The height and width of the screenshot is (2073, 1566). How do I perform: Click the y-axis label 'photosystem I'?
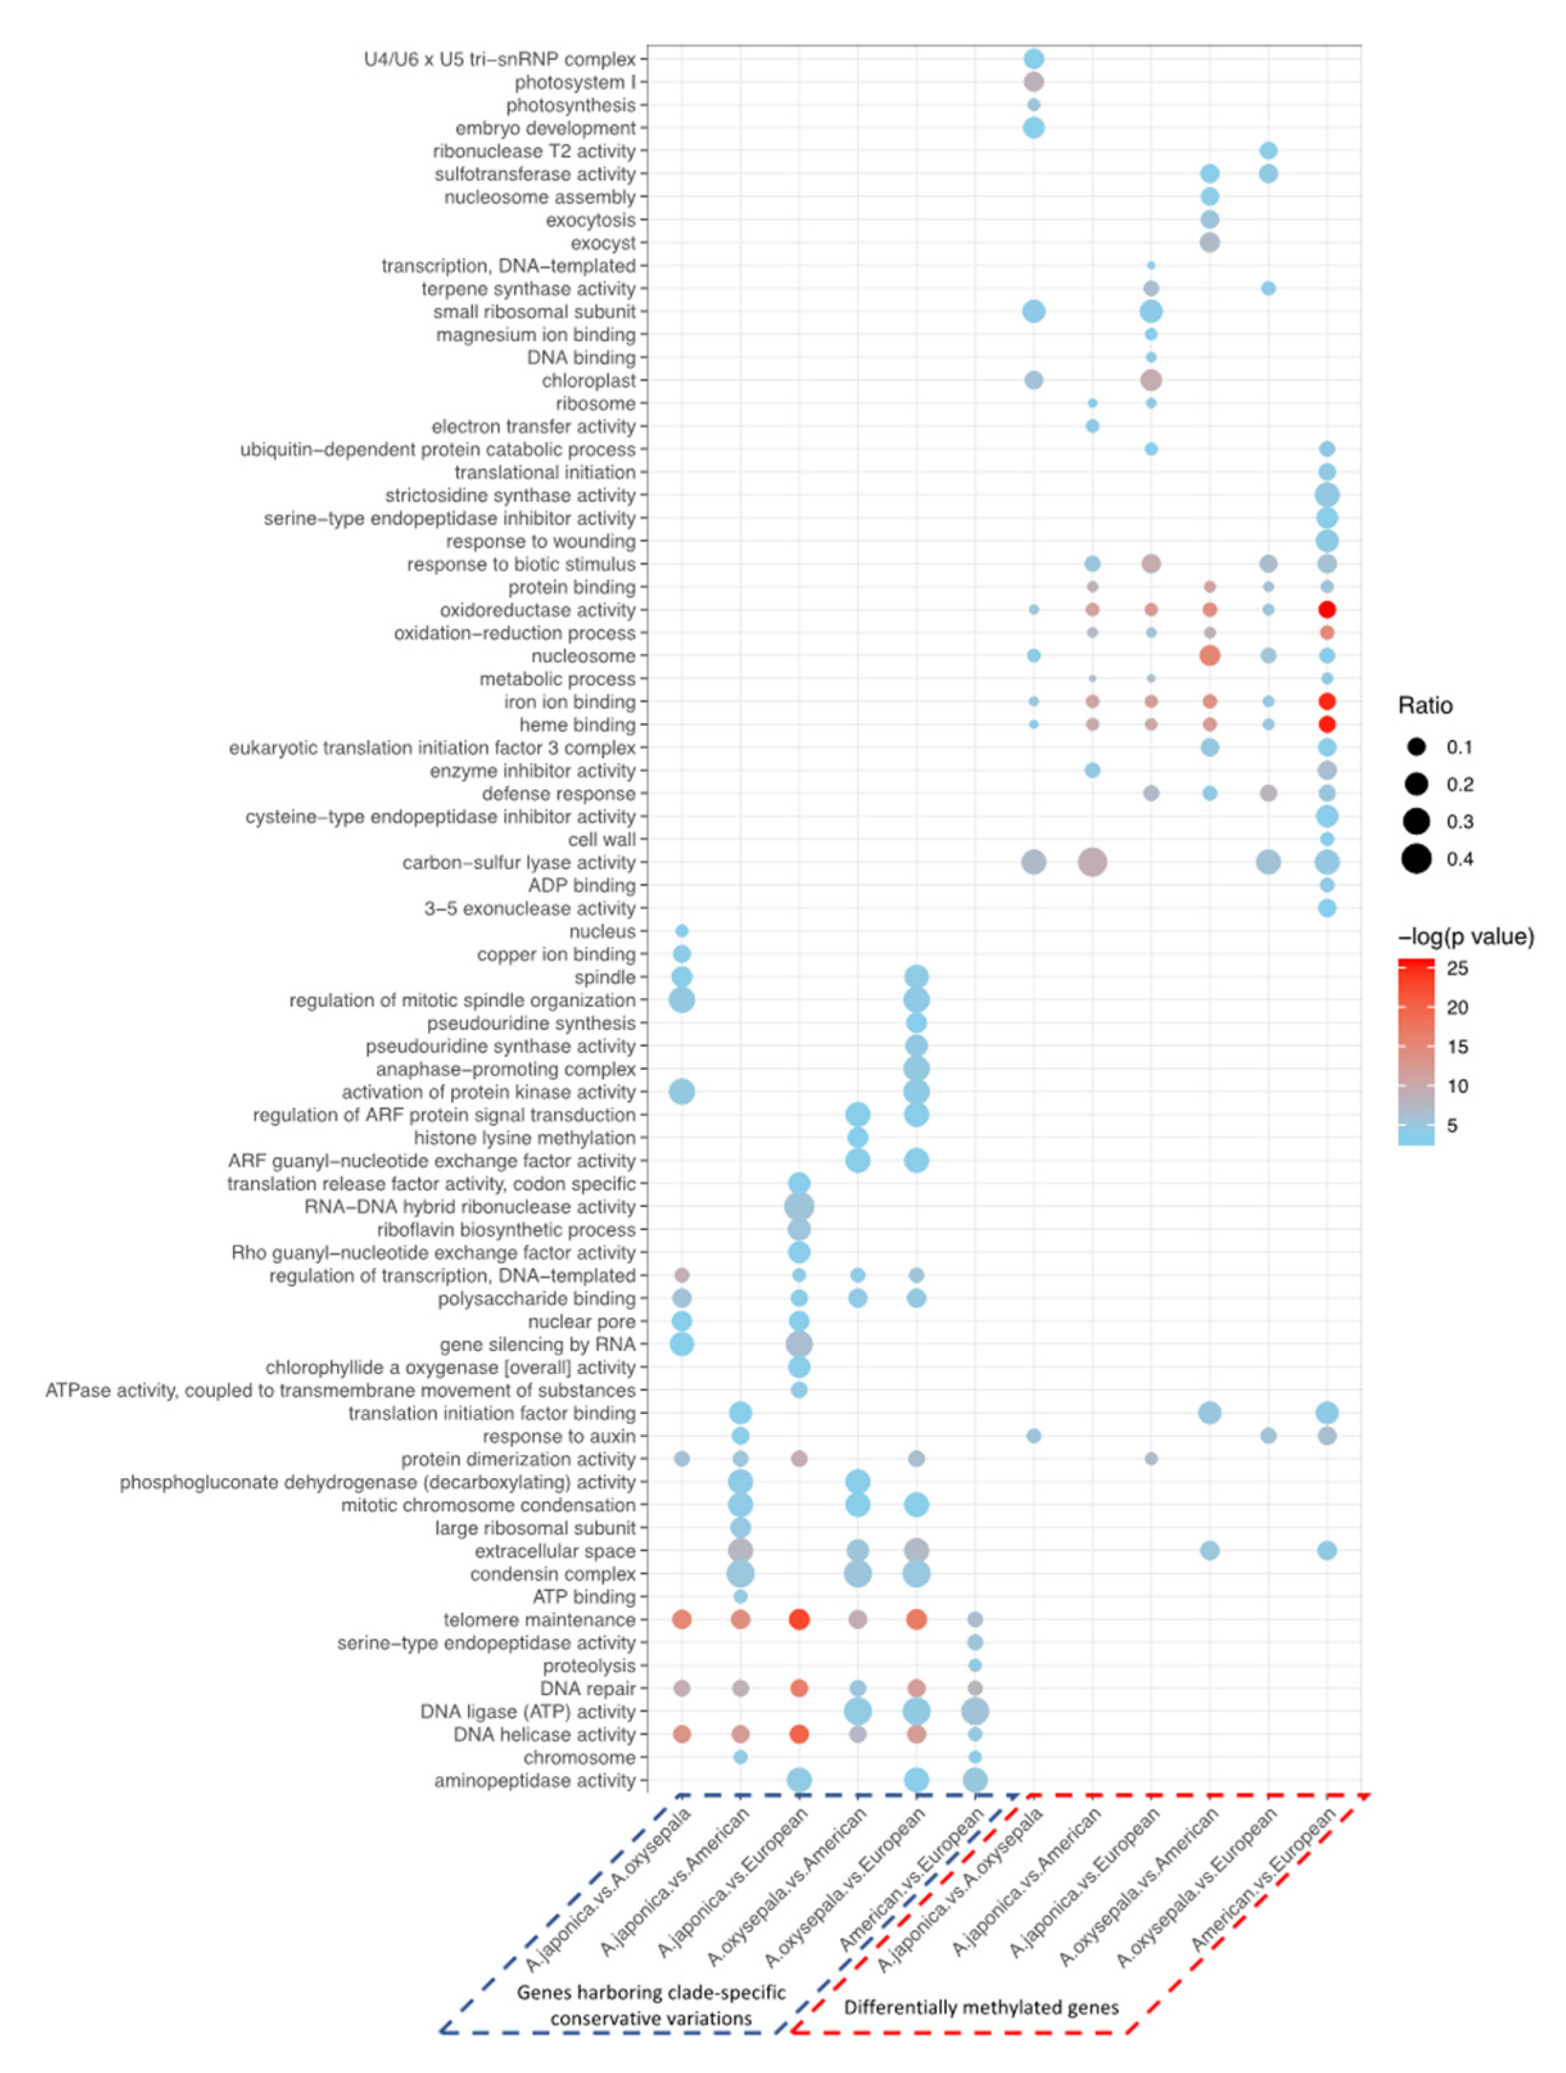574,82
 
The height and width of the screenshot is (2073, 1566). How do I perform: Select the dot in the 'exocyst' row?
1209,243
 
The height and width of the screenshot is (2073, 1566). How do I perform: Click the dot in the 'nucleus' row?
682,931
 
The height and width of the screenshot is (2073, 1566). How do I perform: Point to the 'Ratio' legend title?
1425,706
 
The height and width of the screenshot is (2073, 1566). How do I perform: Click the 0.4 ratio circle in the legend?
1416,859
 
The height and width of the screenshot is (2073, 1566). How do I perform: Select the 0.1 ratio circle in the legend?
1416,747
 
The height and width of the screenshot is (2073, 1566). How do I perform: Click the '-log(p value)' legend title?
1465,937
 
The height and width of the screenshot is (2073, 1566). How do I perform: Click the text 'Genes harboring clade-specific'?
651,1992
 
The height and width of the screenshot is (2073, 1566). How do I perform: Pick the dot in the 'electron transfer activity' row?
1092,426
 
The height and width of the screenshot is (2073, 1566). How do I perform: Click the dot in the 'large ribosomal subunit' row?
739,1529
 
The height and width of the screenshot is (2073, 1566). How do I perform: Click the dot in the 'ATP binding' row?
739,1597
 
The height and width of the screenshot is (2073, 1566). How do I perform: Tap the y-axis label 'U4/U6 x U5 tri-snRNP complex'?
499,59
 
